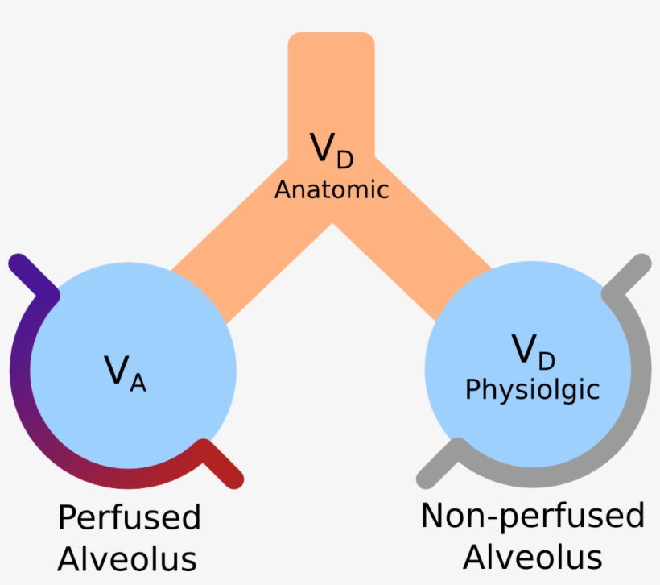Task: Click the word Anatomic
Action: (x=331, y=190)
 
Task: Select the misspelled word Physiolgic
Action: (x=533, y=390)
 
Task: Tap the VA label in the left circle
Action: (x=125, y=371)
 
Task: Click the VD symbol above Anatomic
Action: (x=331, y=150)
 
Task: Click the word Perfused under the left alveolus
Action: (x=129, y=517)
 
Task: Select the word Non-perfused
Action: (x=533, y=516)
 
